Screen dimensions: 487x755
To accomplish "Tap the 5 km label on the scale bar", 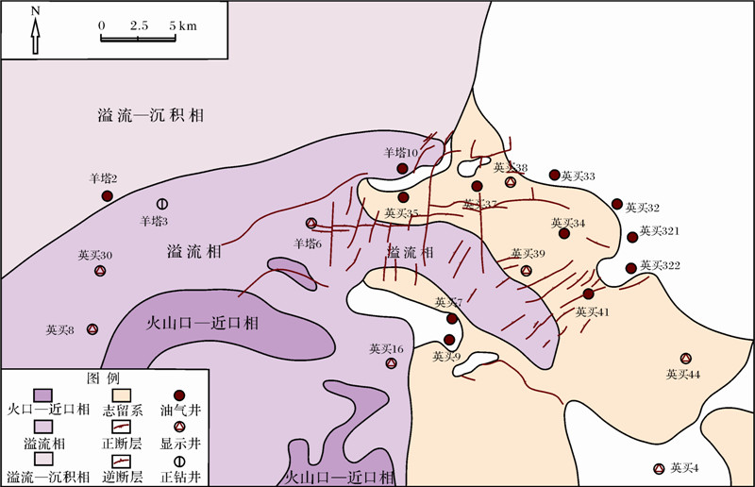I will point(183,25).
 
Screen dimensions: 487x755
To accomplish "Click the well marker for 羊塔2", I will point(108,195).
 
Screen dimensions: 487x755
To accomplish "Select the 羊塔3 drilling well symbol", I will point(162,203).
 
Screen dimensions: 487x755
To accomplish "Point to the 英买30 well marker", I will point(100,272).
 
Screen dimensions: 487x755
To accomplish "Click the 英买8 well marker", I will point(92,329).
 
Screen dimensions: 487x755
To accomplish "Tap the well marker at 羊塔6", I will point(311,224).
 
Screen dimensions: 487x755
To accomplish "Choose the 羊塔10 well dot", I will point(402,169).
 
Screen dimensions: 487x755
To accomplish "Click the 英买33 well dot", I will point(555,175).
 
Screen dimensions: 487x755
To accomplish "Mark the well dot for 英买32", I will point(617,204).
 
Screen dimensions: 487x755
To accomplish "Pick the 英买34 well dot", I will point(564,233).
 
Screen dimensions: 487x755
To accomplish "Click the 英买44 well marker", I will point(686,359).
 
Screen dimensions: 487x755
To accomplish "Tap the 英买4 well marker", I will point(659,468).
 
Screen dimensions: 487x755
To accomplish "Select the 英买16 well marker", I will point(391,363).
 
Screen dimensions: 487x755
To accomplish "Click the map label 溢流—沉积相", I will point(151,116).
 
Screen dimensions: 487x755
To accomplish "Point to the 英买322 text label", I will point(660,267).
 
